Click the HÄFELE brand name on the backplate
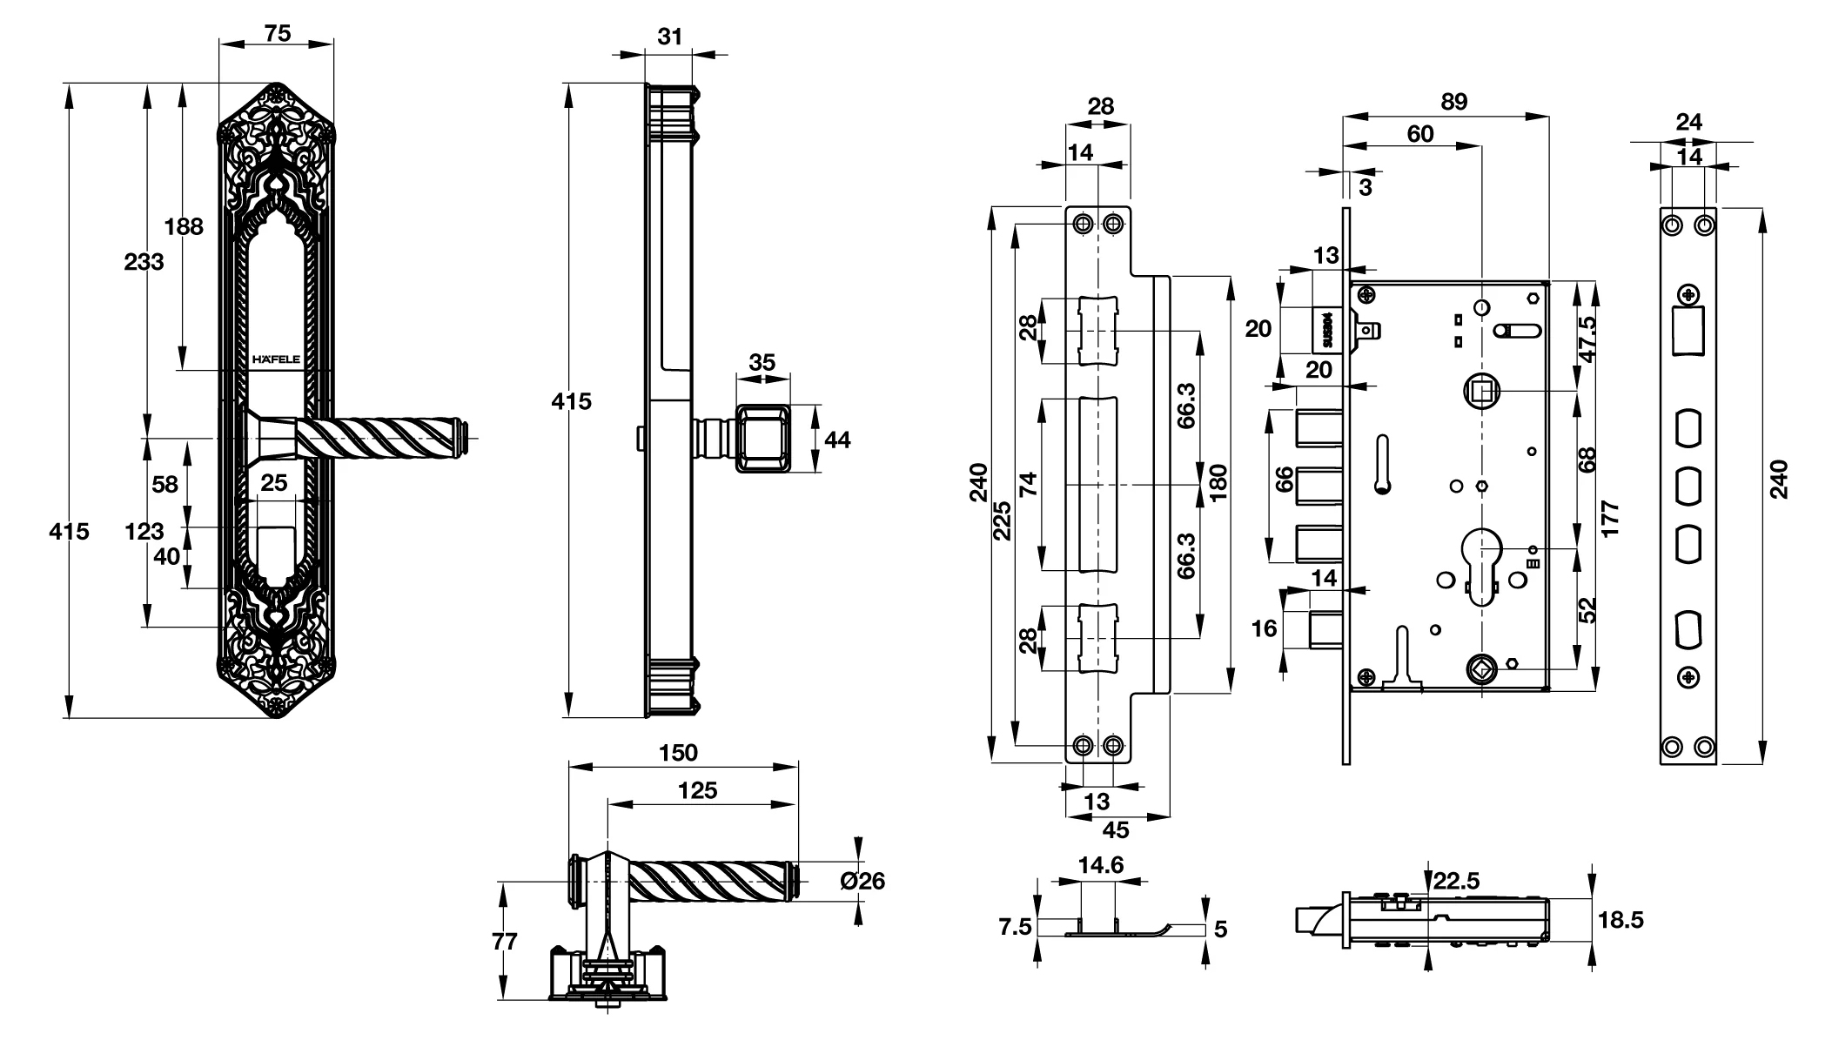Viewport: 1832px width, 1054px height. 275,359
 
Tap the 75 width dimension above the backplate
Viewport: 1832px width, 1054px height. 277,33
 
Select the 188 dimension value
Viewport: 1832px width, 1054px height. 184,226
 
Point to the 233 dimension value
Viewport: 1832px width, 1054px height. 144,261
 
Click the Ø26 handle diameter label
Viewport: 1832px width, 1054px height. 862,881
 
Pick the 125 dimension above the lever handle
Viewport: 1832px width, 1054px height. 698,790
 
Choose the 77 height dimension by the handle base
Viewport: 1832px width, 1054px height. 504,942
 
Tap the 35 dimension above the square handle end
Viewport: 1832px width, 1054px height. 762,362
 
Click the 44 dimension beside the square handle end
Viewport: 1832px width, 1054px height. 836,440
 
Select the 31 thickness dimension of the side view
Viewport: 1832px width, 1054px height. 669,37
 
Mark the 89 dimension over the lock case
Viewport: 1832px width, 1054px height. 1453,102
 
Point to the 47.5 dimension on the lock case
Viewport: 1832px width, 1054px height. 1587,338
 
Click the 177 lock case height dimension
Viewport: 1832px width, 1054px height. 1609,519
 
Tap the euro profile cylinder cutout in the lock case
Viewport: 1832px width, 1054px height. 1481,566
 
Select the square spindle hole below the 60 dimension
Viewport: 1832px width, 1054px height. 1480,392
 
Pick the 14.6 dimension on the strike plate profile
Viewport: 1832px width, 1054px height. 1100,865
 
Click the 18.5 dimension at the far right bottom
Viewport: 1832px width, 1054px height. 1621,920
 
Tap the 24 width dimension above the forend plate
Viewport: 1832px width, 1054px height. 1688,122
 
